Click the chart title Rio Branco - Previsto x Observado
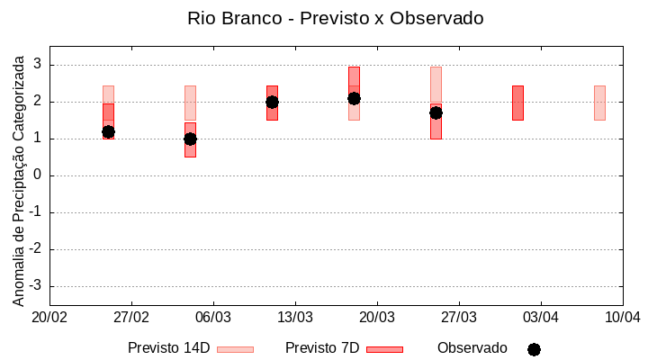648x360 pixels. click(x=335, y=18)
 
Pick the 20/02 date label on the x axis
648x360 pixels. click(x=49, y=318)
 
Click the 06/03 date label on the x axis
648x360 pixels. click(x=213, y=318)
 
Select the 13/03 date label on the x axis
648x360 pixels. click(x=295, y=318)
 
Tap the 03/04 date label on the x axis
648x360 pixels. click(x=541, y=318)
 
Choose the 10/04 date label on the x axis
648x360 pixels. click(x=623, y=318)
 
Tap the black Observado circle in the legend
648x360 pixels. click(x=534, y=349)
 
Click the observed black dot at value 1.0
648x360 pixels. click(x=190, y=139)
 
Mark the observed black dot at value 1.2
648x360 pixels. click(x=108, y=131)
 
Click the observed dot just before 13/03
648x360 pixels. click(x=272, y=102)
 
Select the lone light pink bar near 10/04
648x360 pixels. click(x=599, y=103)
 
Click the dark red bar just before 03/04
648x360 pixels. click(x=517, y=103)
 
